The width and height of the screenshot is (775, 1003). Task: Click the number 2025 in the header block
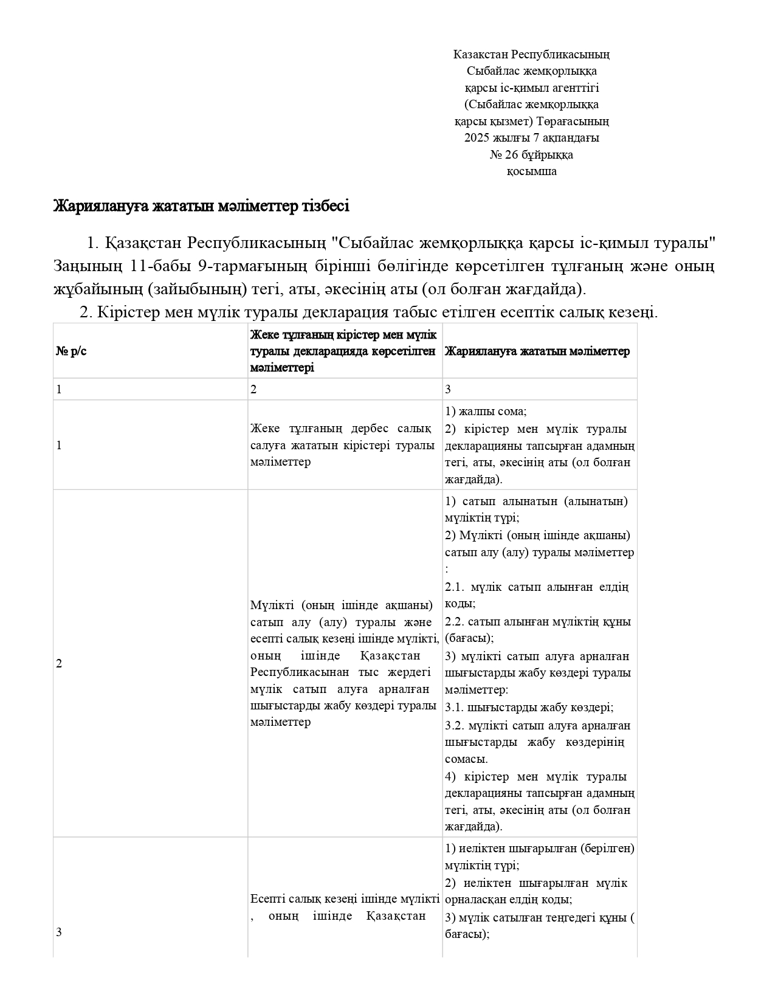point(476,138)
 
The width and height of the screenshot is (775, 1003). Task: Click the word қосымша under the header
point(532,171)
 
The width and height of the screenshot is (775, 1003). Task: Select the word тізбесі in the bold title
point(325,207)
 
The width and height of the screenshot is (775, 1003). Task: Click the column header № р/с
point(72,351)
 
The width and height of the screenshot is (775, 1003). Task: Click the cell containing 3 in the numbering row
point(448,390)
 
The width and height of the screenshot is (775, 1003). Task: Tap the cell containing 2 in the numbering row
point(253,390)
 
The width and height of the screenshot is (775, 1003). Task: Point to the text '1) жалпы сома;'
point(486,412)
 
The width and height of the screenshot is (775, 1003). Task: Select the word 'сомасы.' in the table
point(466,759)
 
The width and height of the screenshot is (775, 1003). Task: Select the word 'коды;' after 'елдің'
point(460,604)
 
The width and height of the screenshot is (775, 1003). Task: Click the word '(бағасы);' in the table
point(469,638)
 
